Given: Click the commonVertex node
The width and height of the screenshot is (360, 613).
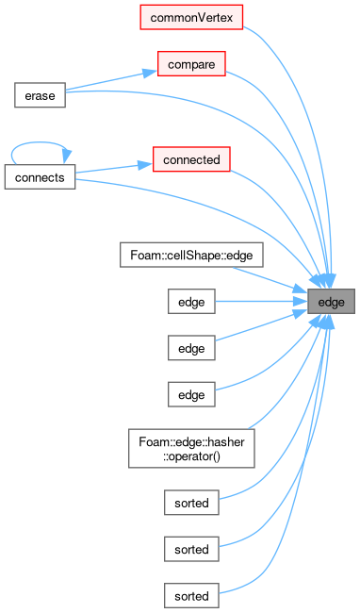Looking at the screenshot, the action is point(191,17).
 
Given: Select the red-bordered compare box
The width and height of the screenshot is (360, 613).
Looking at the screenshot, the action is point(191,64).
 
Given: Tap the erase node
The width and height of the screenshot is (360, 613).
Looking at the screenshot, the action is point(40,95).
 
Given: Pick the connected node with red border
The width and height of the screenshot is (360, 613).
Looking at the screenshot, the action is point(191,159).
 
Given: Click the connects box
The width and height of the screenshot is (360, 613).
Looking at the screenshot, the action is point(40,177).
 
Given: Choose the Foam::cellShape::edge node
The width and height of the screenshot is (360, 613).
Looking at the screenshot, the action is point(191,255).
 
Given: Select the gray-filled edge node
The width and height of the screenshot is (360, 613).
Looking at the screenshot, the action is point(331,302).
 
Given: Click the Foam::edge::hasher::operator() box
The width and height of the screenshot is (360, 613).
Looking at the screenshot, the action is point(191,448).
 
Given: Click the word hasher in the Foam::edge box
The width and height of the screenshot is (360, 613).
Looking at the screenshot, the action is point(228,442).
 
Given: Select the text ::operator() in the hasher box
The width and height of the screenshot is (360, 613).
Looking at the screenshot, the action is point(191,456).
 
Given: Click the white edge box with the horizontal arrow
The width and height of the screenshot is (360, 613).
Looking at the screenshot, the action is point(191,302).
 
